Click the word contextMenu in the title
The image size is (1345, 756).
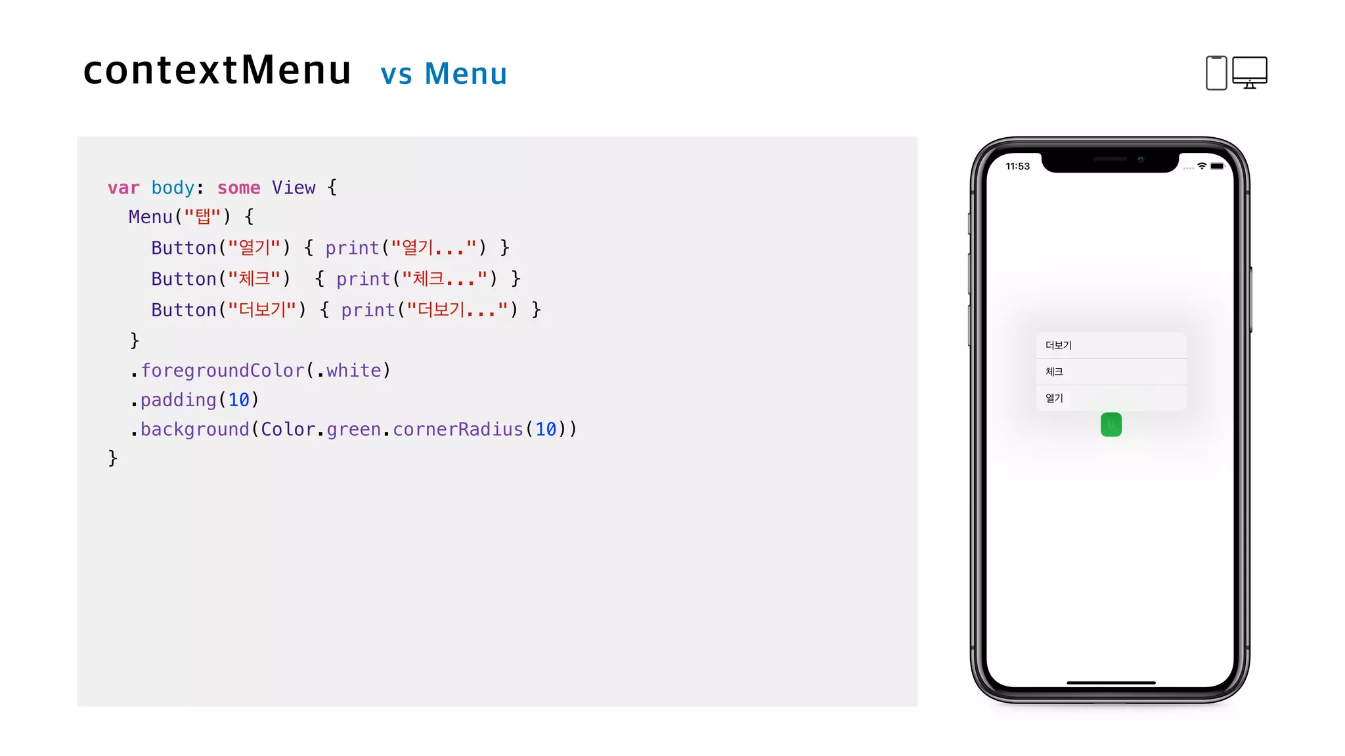[x=217, y=70]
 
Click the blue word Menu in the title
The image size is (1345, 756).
[x=466, y=73]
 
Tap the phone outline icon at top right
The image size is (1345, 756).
[x=1216, y=73]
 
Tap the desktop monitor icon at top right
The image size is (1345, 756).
[x=1249, y=72]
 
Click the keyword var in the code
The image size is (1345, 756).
[x=123, y=188]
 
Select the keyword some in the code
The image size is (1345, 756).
[x=238, y=188]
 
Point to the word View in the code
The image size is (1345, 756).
[x=294, y=188]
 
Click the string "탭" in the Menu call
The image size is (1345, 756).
[x=202, y=217]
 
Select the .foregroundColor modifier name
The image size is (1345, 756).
[x=223, y=371]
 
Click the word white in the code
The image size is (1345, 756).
[x=353, y=371]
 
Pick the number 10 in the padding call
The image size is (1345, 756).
[x=238, y=400]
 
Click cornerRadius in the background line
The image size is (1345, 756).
[x=458, y=429]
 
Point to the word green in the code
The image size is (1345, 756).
[x=353, y=429]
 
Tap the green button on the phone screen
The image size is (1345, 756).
[x=1111, y=425]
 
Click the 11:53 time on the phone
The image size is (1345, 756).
[x=1017, y=167]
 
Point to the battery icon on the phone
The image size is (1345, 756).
[x=1218, y=166]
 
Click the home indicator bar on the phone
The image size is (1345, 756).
[x=1111, y=682]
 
